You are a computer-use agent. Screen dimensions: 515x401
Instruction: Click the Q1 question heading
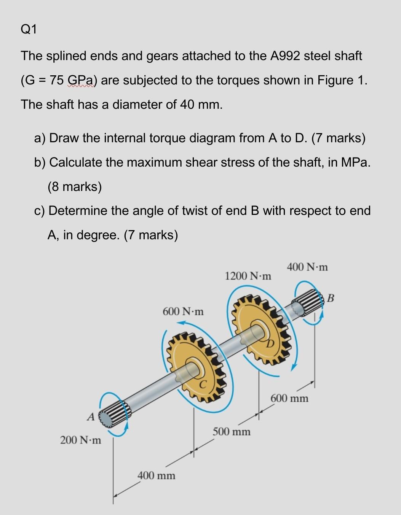tap(29, 29)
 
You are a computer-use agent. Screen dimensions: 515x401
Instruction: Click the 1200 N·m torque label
tap(248, 276)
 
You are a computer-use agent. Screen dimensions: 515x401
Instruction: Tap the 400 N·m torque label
tap(307, 267)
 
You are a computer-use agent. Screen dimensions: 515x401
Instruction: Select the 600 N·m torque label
tap(183, 312)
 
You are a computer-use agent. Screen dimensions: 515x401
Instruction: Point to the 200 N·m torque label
tap(81, 440)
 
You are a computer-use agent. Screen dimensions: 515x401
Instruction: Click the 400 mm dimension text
tap(157, 475)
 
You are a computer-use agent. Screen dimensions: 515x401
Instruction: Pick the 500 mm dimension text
tap(232, 432)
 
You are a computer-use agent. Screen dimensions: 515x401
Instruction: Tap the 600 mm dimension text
tap(289, 399)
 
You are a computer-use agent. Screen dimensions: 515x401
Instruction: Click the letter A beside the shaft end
tap(90, 417)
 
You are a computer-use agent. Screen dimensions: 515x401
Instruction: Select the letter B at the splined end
tap(331, 298)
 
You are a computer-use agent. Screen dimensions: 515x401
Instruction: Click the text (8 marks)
tap(75, 186)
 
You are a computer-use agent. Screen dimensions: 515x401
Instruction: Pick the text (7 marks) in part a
tap(338, 138)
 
